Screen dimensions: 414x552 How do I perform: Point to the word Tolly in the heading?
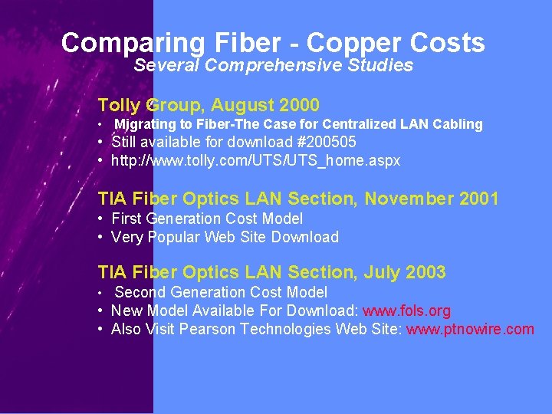pos(120,105)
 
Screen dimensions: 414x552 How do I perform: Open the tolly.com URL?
pos(255,161)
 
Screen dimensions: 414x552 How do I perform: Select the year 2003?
pos(426,273)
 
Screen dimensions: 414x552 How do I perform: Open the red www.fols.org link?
pos(406,311)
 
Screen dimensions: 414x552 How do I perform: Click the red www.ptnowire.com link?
pos(470,330)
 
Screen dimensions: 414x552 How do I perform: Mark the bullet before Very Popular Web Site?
pos(101,238)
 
